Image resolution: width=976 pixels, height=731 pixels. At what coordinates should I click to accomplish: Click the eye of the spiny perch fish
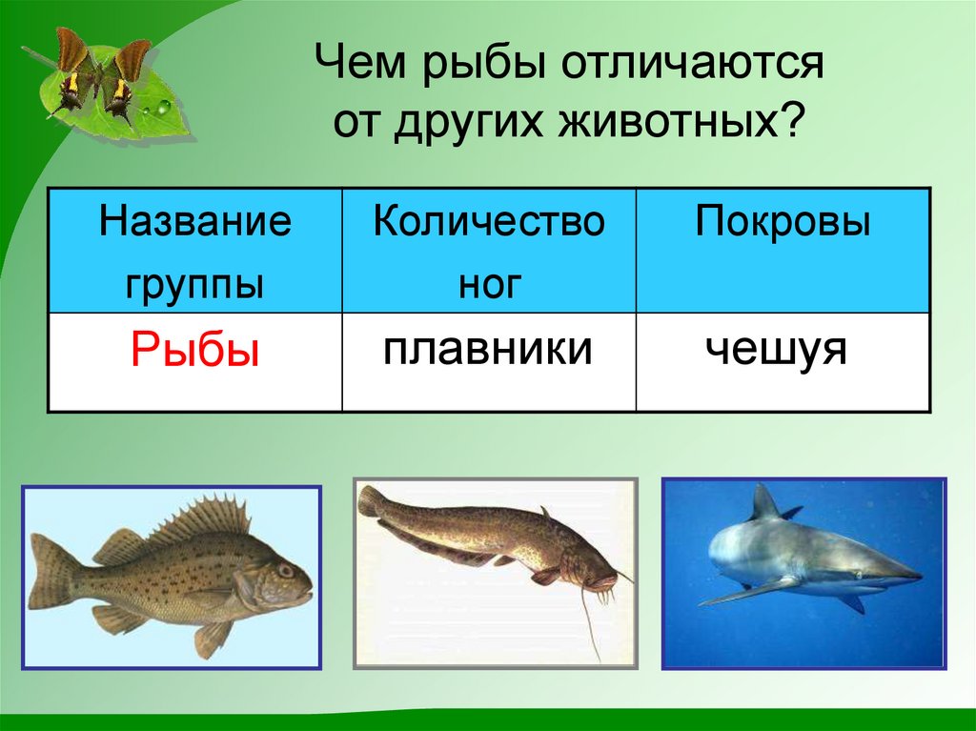click(x=285, y=570)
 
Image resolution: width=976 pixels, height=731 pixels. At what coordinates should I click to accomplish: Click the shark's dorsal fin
click(x=763, y=505)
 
